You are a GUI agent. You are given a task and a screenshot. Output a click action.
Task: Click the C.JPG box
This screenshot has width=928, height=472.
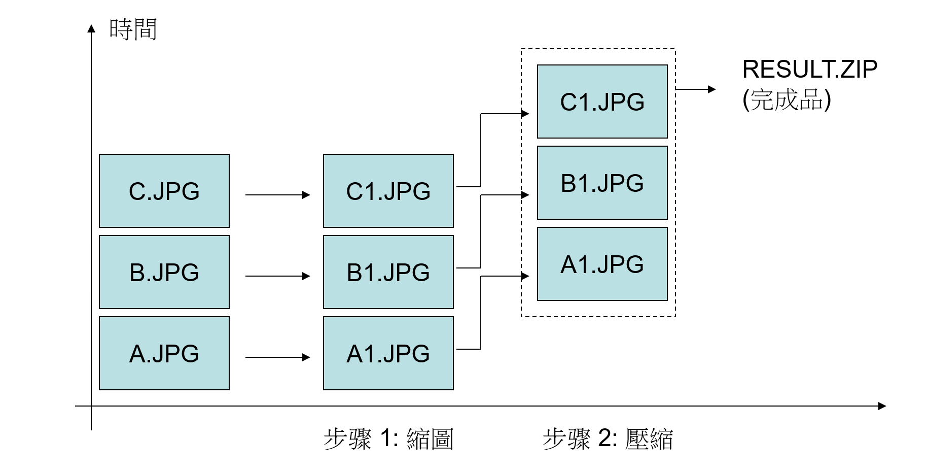164,191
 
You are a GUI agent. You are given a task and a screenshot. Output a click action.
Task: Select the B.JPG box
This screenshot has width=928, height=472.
164,272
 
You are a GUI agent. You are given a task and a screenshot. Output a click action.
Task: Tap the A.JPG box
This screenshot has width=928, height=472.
164,353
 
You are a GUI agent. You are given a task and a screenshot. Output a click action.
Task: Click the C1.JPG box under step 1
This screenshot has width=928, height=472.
388,191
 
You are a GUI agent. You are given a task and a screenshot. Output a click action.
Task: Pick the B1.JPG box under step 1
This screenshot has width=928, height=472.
388,272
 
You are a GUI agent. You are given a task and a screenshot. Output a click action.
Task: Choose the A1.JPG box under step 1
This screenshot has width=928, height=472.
388,353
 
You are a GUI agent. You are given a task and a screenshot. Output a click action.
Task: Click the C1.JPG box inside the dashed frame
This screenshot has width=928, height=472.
602,102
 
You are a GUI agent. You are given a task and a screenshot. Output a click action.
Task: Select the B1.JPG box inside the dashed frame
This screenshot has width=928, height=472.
602,183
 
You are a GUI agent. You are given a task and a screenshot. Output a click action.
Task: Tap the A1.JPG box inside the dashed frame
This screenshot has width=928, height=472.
602,264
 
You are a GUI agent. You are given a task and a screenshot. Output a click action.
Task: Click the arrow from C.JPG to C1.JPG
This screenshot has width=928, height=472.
277,195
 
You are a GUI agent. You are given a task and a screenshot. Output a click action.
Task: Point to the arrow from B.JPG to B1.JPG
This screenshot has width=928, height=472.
277,276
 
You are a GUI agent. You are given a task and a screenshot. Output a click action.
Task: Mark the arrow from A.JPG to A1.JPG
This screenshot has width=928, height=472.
277,357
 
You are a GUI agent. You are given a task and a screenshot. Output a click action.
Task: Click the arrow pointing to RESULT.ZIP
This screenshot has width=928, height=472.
695,89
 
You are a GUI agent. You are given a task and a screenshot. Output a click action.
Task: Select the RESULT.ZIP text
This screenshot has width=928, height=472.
809,70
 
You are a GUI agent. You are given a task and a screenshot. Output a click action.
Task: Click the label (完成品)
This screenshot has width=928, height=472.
787,99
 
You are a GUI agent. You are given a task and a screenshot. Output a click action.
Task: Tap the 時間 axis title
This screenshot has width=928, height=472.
133,29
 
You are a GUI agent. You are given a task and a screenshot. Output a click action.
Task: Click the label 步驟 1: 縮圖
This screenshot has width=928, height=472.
388,439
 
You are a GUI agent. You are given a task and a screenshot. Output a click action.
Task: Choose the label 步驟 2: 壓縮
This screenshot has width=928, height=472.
608,439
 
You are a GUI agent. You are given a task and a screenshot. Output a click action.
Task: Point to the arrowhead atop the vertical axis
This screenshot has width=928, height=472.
91,28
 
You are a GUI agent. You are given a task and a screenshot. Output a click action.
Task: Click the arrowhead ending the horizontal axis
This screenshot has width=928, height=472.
882,406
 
